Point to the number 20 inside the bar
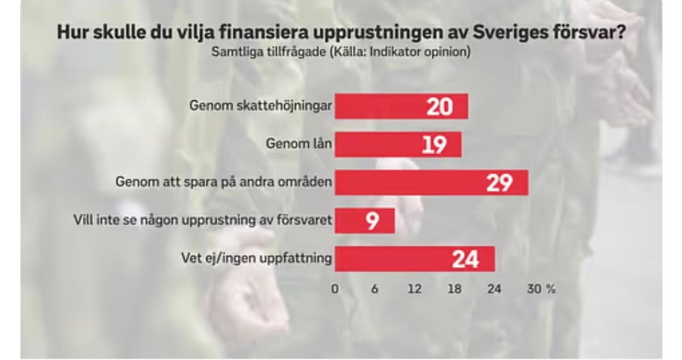click(x=440, y=107)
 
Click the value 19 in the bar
click(x=434, y=145)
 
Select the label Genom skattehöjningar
click(x=261, y=106)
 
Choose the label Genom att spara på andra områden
click(x=224, y=183)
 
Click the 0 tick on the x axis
click(x=335, y=289)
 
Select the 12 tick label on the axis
click(x=414, y=289)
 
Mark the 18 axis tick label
click(x=454, y=289)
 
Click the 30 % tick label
click(x=541, y=289)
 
